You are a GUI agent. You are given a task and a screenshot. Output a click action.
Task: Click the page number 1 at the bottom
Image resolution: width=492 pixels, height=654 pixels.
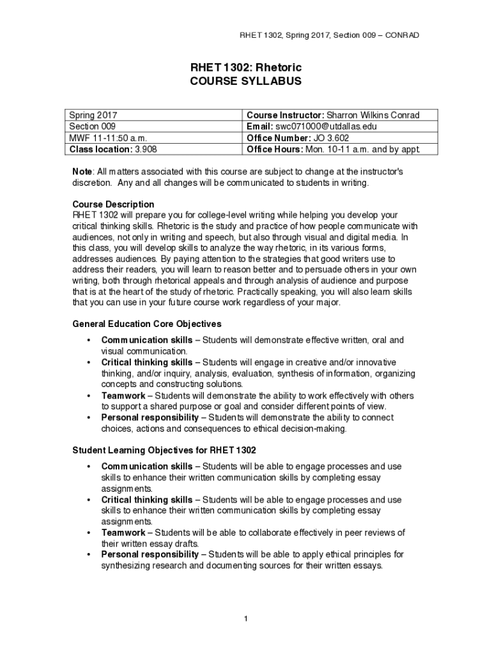coord(245,618)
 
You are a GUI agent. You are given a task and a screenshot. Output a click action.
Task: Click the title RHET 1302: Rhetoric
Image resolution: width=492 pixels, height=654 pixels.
coord(246,68)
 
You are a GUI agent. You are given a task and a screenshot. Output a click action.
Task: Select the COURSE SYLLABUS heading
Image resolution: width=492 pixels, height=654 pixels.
coord(246,82)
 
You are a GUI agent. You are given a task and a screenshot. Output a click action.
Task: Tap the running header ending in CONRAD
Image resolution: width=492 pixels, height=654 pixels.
coord(329,34)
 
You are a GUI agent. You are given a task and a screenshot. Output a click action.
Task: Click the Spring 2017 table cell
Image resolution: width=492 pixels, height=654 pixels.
coord(93,116)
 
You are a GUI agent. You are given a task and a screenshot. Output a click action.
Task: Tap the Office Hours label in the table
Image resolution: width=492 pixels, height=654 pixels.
coord(275,150)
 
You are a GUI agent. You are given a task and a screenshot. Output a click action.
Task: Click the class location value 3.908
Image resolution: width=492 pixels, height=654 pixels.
coord(145,150)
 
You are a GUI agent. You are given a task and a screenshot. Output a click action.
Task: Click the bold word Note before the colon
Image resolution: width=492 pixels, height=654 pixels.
coord(82,172)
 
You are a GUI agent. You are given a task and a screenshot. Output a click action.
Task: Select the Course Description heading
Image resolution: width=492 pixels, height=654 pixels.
coord(113,204)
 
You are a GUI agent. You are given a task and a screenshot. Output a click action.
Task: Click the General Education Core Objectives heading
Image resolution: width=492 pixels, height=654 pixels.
coord(146,324)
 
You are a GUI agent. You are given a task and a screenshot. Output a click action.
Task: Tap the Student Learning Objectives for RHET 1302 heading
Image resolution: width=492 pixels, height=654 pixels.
coord(164,451)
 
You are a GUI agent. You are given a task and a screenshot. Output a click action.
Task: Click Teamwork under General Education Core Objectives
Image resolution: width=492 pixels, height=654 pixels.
coord(123,396)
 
